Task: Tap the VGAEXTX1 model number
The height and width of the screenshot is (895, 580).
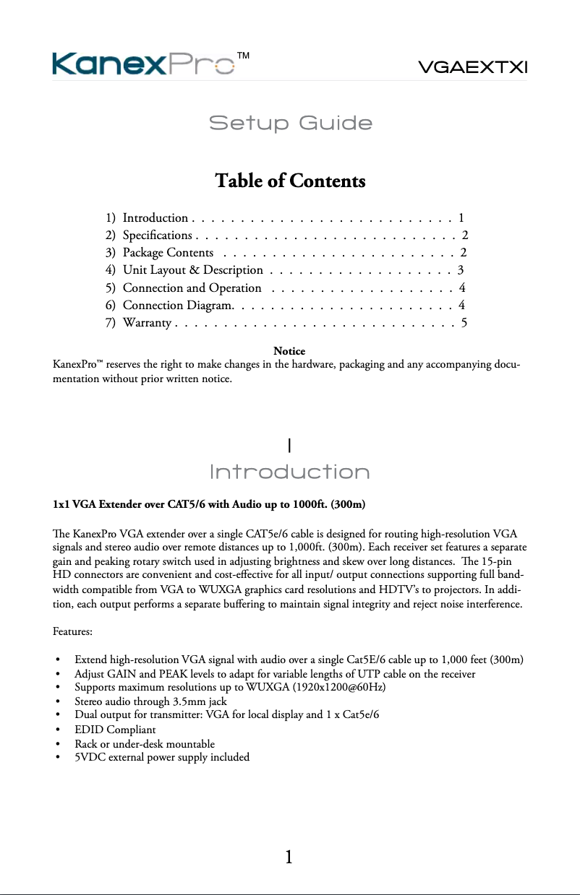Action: [474, 67]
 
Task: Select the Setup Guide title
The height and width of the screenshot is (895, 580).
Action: [290, 124]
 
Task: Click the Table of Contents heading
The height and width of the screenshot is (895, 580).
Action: [290, 181]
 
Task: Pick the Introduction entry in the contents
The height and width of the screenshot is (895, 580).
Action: [155, 217]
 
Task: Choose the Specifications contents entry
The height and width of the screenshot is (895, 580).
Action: [157, 235]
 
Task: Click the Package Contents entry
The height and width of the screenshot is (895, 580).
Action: [168, 252]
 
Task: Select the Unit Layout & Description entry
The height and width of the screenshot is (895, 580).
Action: [192, 269]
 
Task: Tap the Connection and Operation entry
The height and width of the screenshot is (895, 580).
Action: [192, 287]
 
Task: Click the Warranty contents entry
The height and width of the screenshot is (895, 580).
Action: [146, 322]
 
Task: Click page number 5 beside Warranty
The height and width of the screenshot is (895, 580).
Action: [464, 322]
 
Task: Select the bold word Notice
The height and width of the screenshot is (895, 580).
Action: [289, 352]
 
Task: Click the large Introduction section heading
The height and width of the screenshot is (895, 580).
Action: [289, 472]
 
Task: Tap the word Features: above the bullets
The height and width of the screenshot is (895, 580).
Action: [72, 632]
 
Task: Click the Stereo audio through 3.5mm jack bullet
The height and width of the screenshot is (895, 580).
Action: [150, 701]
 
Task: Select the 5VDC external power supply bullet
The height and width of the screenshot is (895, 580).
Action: [162, 757]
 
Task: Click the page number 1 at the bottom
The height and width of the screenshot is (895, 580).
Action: [289, 857]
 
